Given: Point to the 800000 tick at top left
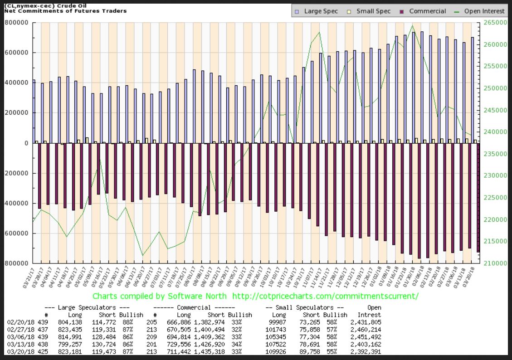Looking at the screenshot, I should (x=18, y=23).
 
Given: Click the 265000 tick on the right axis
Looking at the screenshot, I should (x=495, y=23).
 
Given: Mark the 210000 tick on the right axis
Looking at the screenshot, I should (x=495, y=263).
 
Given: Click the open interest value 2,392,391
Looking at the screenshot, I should (x=366, y=352).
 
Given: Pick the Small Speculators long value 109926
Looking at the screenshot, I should (x=278, y=352).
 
